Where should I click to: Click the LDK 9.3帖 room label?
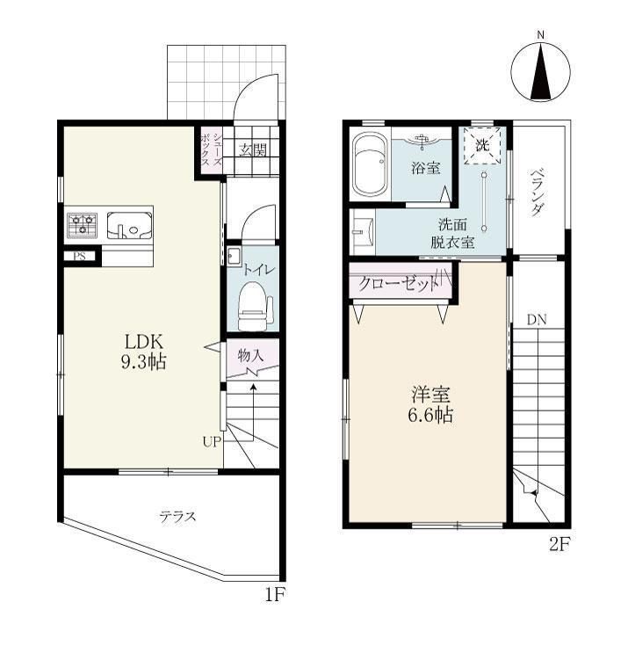click(x=144, y=352)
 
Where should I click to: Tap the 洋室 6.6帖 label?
click(x=430, y=405)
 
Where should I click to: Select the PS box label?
click(x=79, y=257)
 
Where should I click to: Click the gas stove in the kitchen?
click(x=83, y=225)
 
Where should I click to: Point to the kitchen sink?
click(x=129, y=225)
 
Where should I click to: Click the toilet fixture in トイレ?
click(x=255, y=306)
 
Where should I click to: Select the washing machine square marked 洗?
click(x=482, y=145)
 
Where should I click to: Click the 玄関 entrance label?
click(x=253, y=150)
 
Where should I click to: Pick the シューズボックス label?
click(x=212, y=149)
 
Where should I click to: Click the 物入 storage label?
click(x=251, y=355)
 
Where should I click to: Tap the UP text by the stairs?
click(x=213, y=442)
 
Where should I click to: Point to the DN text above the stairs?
click(x=537, y=319)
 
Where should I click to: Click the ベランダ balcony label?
click(x=535, y=192)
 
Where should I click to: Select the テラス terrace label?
click(x=178, y=517)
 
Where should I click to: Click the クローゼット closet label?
click(x=398, y=284)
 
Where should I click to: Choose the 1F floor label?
click(x=275, y=594)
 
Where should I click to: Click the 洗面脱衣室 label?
click(x=452, y=233)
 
